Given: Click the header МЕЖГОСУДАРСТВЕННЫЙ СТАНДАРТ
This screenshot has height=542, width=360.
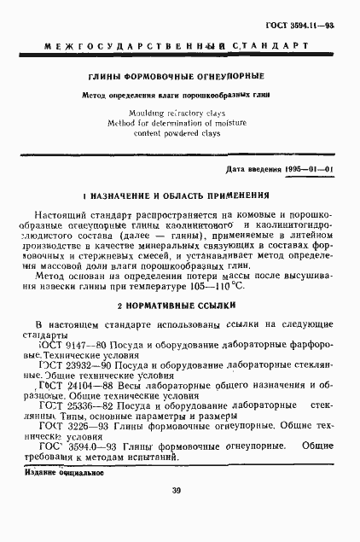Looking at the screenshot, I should coord(180,43).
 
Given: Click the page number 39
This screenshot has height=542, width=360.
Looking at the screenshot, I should coord(177,490).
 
